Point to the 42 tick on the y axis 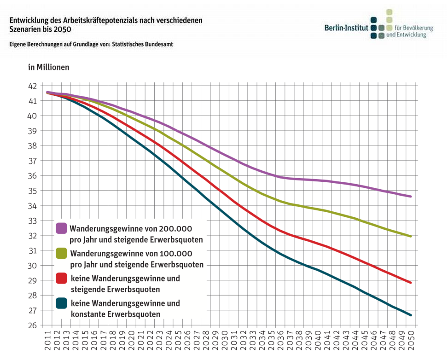click(33, 86)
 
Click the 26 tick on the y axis click(33, 326)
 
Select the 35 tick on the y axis click(33, 191)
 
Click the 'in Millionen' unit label click(49, 67)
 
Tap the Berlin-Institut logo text click(346, 28)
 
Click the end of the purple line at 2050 click(411, 197)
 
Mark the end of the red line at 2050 click(411, 283)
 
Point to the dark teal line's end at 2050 click(411, 315)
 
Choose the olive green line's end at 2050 click(411, 237)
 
